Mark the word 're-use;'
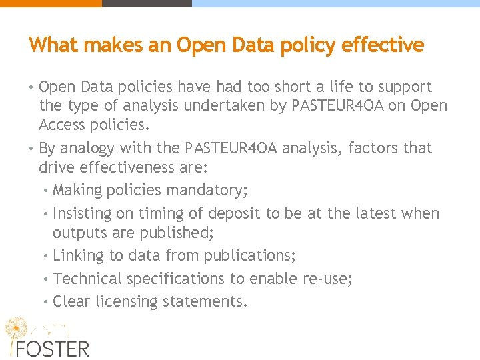(x=325, y=279)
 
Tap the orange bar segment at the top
(x=51, y=3)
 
